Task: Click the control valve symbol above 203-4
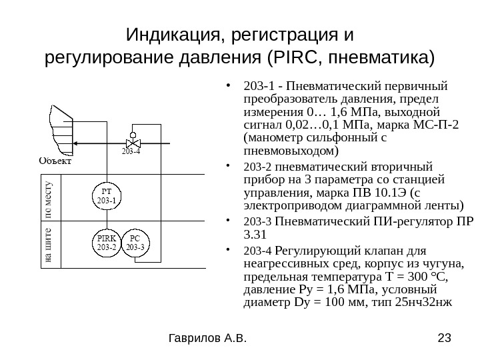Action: tap(133, 142)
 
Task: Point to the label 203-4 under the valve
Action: tap(131, 153)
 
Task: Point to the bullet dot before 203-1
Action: tap(229, 86)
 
